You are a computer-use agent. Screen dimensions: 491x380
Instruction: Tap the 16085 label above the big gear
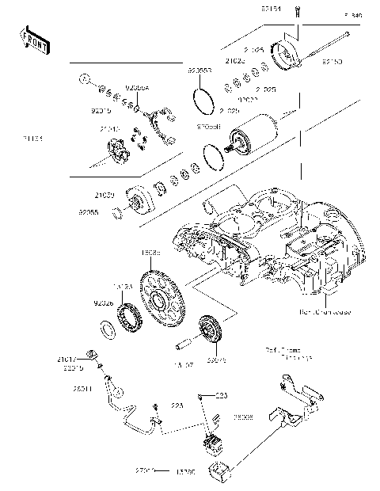pos(150,253)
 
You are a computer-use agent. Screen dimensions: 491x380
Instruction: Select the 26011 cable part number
pos(84,389)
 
